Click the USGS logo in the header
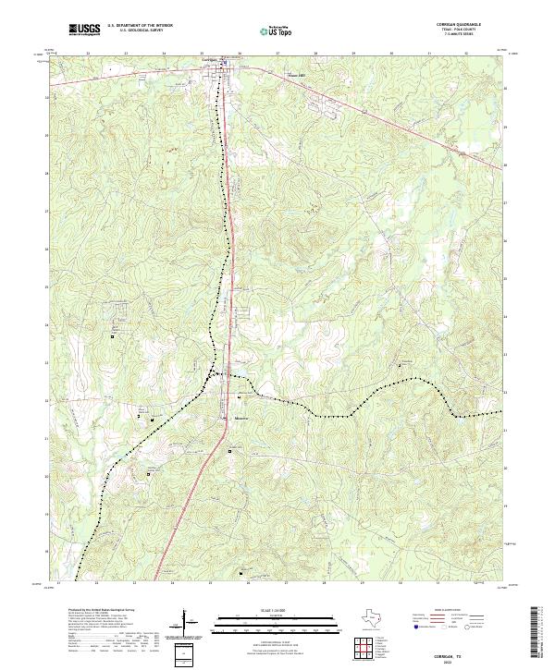pos(84,30)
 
